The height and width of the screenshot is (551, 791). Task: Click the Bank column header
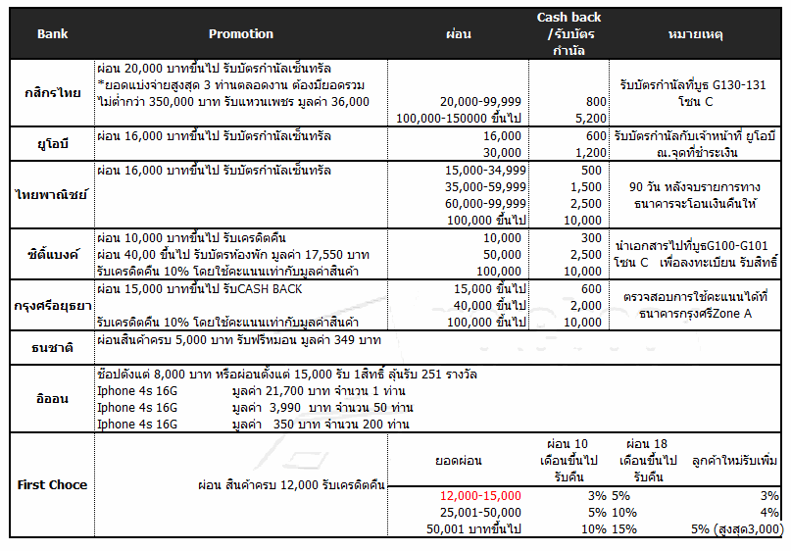52,34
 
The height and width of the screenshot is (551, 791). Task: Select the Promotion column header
241,34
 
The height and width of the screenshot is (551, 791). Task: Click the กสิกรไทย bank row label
53,92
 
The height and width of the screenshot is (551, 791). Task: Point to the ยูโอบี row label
53,143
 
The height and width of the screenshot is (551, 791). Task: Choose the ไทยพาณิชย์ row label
53,193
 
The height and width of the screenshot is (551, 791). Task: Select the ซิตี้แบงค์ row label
53,253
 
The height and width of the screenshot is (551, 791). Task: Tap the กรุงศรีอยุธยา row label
53,304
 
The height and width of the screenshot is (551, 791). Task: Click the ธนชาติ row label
53,346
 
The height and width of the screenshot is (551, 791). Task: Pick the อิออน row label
53,398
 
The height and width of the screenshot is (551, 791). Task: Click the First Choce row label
53,484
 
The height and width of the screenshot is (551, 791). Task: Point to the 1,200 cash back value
587,153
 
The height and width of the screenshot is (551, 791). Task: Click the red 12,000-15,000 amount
480,496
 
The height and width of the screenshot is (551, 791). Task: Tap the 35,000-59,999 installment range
483,186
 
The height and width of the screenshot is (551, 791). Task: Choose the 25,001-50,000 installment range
480,512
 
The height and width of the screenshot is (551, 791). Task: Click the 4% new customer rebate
769,512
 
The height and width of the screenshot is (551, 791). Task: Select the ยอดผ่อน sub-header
458,459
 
